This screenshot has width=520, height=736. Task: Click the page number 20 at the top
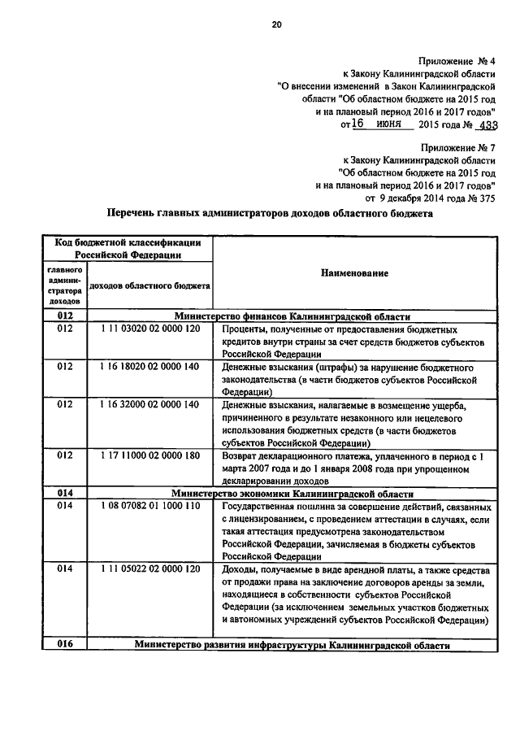click(x=275, y=25)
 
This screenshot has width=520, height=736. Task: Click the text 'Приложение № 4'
click(x=457, y=62)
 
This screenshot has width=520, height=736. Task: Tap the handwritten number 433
click(x=487, y=125)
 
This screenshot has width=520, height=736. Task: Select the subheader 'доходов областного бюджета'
click(x=149, y=285)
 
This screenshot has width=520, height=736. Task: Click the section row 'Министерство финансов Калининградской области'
click(x=292, y=316)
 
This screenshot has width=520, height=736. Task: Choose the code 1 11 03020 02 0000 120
click(x=149, y=329)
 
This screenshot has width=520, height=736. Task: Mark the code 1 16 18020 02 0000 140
click(x=149, y=367)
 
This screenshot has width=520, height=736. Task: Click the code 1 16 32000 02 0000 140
click(x=149, y=404)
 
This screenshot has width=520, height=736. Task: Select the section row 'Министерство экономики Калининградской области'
click(x=292, y=494)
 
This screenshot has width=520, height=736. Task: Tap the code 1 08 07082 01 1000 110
click(x=149, y=506)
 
